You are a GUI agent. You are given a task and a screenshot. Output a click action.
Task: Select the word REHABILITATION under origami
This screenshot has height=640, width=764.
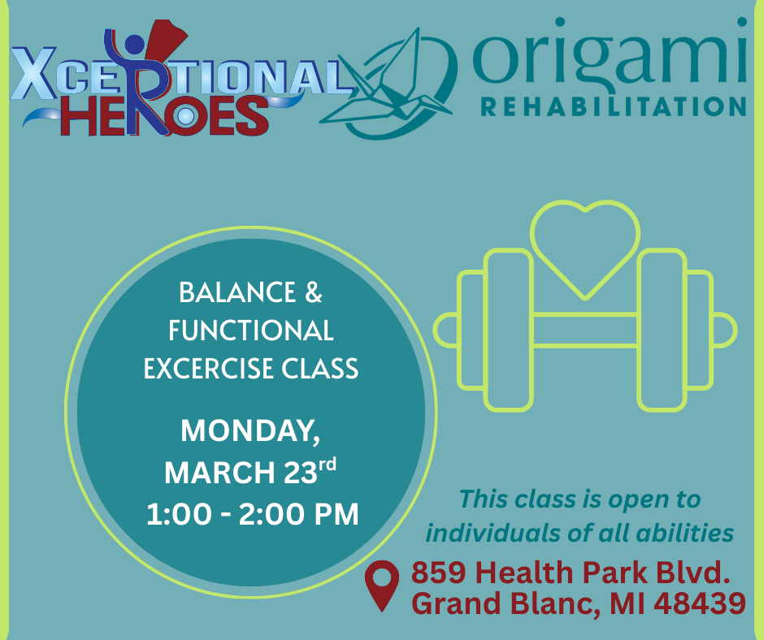coord(614,106)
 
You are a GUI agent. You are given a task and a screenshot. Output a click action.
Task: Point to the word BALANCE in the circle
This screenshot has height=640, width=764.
coord(237,292)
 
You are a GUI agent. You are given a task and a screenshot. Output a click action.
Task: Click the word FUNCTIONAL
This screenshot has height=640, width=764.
coord(251,331)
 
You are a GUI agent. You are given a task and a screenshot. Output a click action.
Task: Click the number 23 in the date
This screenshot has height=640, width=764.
coord(301,473)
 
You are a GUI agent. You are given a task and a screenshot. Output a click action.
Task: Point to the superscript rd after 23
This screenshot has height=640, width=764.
coord(328,465)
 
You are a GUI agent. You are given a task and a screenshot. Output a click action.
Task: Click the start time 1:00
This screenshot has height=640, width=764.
coord(179,514)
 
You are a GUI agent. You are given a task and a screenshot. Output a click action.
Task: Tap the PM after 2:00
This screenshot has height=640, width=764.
coord(336,514)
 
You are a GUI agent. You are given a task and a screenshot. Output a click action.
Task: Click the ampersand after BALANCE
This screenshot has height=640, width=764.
coord(313,292)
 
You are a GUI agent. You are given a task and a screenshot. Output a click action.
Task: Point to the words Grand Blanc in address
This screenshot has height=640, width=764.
coord(503,603)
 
